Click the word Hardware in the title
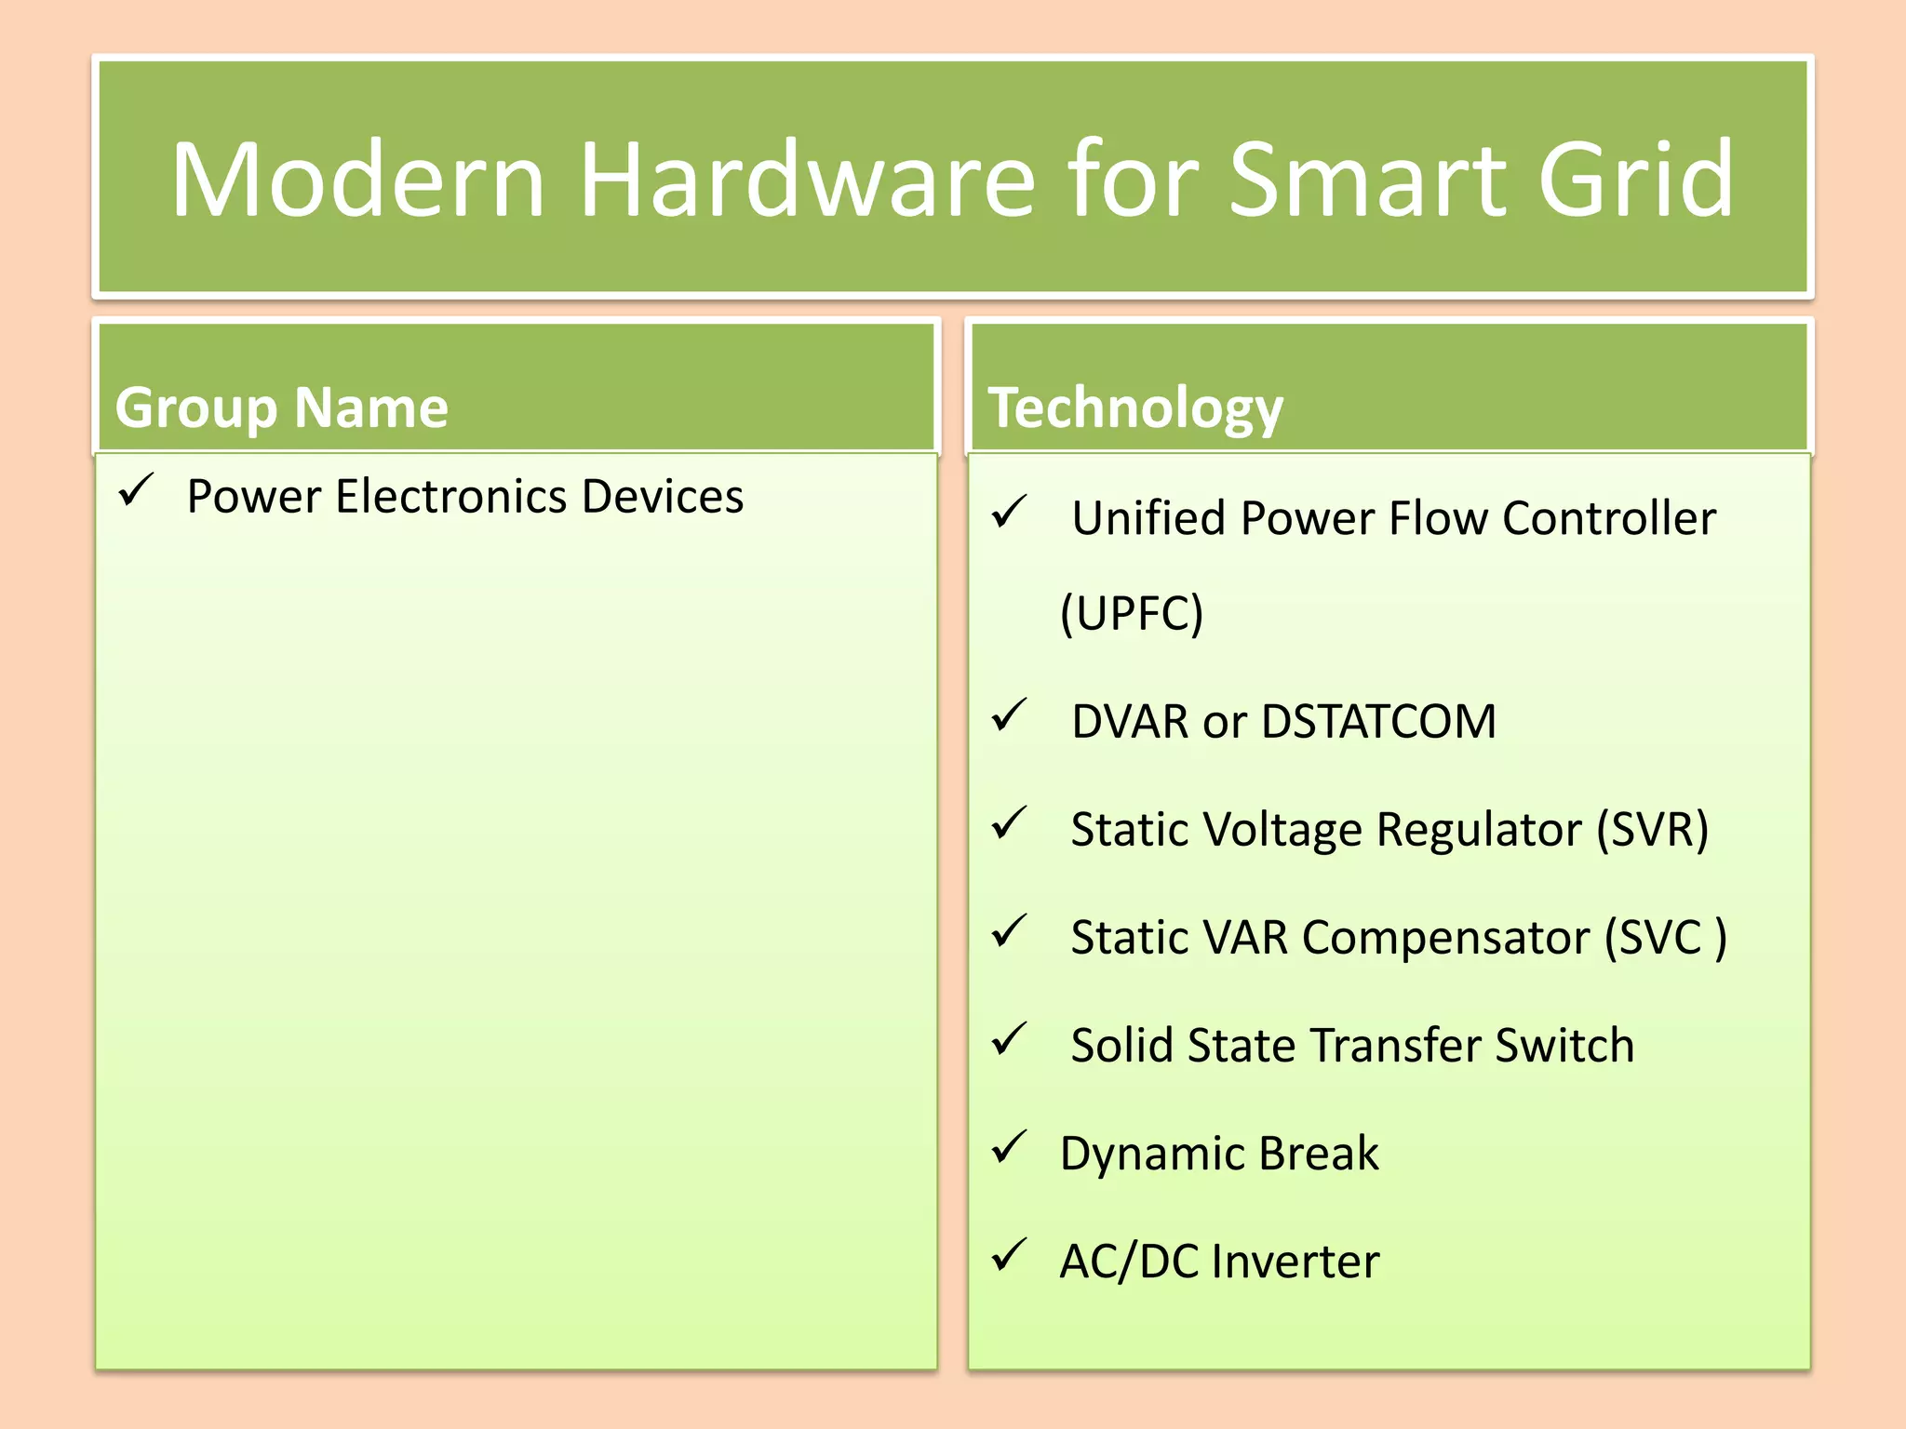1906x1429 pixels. coord(806,179)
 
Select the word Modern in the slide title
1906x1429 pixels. coord(358,179)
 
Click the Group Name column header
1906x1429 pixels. coord(281,407)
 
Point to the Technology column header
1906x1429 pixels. coord(1135,407)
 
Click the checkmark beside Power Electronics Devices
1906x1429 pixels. coord(136,489)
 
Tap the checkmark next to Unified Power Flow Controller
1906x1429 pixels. coord(1009,512)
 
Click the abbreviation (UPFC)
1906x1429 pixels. coord(1132,613)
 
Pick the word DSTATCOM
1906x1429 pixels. coord(1378,722)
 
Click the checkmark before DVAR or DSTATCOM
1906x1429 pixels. coord(1009,715)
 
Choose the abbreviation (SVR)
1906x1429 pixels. coord(1652,829)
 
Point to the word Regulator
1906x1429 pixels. coord(1479,829)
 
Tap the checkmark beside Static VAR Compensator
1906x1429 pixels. coord(1009,931)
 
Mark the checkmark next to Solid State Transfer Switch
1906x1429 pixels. coord(1009,1039)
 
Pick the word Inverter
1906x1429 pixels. coord(1295,1262)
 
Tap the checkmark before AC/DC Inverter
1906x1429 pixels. coord(1009,1255)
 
